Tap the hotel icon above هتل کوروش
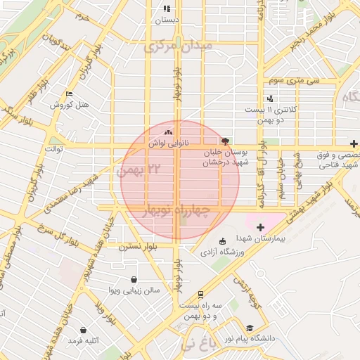68,94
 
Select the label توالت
55,149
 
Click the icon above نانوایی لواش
167,131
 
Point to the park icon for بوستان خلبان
225,141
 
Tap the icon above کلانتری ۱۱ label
270,99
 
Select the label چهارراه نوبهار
176,210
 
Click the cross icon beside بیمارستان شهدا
260,227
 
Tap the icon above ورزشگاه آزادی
223,242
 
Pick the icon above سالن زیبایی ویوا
134,278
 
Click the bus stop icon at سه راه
201,295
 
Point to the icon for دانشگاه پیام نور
250,328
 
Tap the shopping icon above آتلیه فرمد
84,329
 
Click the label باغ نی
195,344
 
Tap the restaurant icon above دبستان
167,9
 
